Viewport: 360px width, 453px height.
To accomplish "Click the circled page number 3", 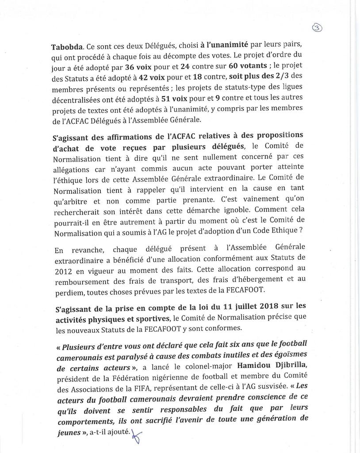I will tap(317, 28).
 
